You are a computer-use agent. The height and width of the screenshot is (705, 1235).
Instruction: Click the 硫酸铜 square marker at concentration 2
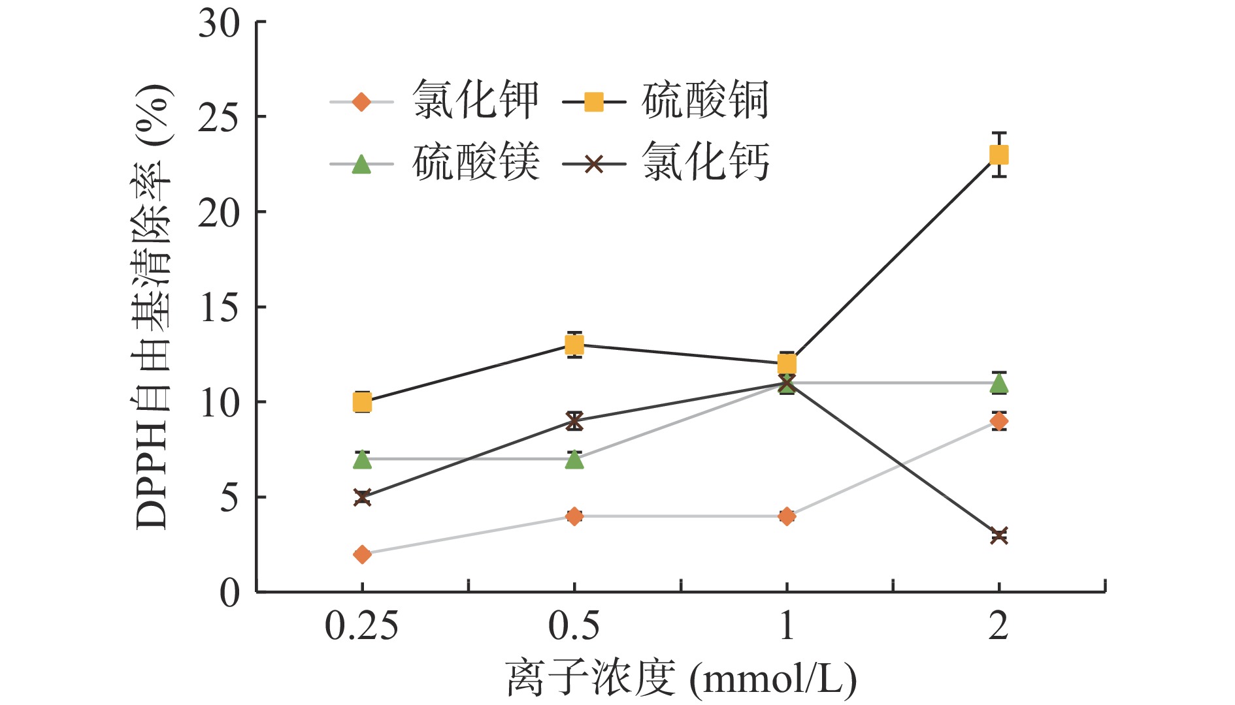pos(998,155)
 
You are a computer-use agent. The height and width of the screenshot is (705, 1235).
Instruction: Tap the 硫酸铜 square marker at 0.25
pos(362,402)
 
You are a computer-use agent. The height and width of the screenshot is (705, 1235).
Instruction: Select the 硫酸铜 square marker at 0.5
pos(574,345)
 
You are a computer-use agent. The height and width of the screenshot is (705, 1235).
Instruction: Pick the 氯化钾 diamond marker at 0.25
pos(362,554)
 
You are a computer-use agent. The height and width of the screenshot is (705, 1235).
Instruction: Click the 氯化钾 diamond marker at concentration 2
pos(998,421)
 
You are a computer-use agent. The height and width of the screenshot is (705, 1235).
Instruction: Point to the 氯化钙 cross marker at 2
pos(998,535)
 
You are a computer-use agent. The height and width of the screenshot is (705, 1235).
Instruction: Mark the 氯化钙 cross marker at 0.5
pos(574,421)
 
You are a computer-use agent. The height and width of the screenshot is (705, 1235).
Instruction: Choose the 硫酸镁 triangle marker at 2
pos(998,384)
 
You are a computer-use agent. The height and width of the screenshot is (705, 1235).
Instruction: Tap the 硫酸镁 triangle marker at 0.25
pos(362,460)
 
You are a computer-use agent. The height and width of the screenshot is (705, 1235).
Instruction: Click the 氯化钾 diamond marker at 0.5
pos(574,516)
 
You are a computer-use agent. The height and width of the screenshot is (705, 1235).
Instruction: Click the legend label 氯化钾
pos(475,101)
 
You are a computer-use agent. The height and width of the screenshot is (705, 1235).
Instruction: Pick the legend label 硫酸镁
pos(475,163)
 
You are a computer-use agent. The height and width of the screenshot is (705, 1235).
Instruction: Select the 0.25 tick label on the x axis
pos(361,626)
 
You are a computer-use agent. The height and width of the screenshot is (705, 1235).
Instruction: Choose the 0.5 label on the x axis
pos(574,626)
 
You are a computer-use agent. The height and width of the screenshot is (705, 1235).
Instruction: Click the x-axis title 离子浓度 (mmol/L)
pos(680,679)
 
